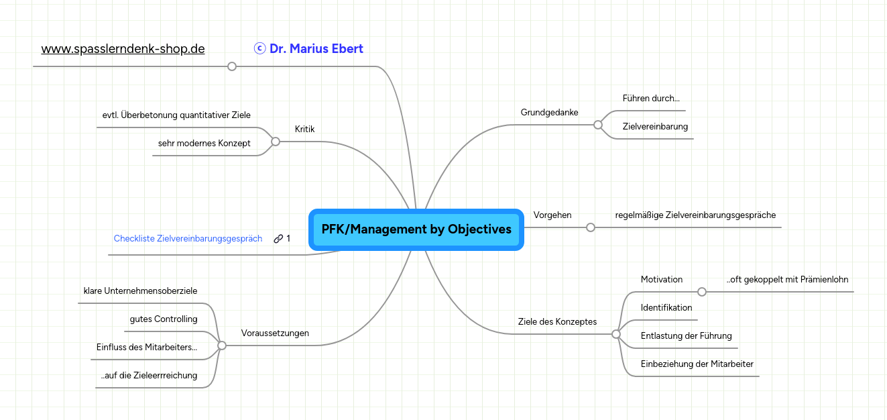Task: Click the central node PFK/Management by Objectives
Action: tap(416, 229)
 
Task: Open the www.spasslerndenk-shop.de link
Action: tap(123, 49)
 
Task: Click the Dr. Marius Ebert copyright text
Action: tap(309, 49)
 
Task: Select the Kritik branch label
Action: tap(304, 129)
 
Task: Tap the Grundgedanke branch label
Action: tap(549, 112)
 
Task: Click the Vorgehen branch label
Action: tap(552, 215)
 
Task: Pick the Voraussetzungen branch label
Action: tap(275, 333)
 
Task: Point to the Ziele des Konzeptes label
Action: tap(557, 321)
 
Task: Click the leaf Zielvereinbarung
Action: tap(655, 126)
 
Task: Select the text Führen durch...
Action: tap(650, 99)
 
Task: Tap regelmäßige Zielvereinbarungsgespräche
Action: tap(695, 215)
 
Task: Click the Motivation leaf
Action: tap(661, 280)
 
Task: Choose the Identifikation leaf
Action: tap(666, 308)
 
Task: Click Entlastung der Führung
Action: tap(686, 336)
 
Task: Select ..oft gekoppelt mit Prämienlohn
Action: tap(788, 280)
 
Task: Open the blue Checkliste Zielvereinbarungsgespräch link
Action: tap(188, 239)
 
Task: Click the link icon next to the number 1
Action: tap(278, 239)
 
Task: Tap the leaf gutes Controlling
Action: tap(164, 319)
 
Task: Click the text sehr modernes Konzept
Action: tap(204, 144)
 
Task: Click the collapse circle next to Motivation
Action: tap(702, 292)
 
